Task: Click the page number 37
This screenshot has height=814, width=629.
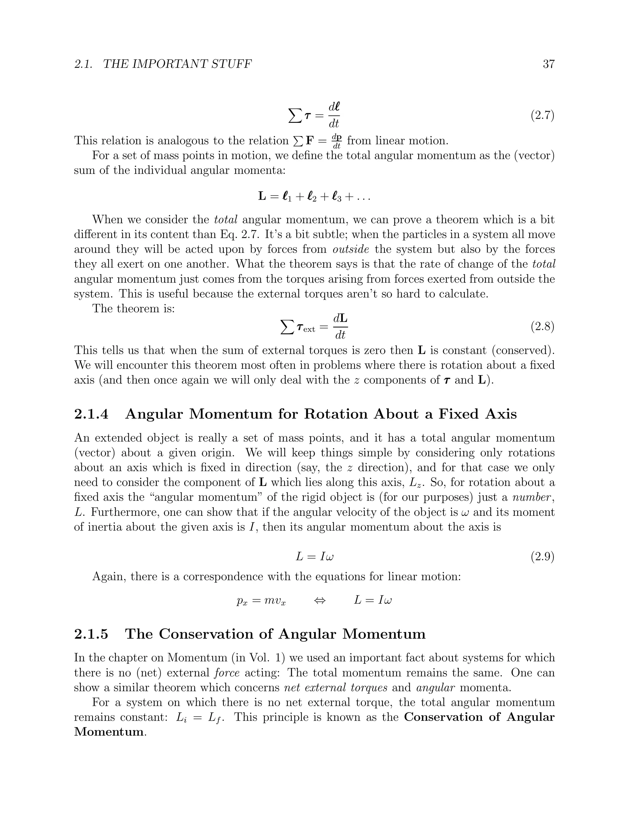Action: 549,64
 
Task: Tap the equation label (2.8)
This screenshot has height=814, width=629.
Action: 542,327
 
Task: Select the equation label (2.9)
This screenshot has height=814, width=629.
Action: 542,557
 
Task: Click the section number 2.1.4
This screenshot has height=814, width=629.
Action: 91,414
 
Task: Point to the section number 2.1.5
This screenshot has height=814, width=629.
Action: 91,634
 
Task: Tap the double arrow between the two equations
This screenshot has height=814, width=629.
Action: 319,601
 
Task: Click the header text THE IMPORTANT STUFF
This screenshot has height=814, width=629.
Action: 177,64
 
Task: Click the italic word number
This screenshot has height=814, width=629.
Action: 532,497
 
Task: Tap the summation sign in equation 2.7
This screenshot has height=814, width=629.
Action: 295,116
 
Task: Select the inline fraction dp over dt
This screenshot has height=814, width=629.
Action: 337,141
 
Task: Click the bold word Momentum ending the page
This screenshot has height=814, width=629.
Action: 108,732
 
